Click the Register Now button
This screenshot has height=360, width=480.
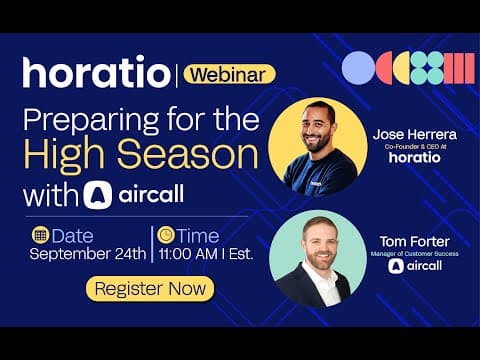click(x=150, y=289)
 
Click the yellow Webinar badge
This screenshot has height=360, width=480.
click(x=229, y=73)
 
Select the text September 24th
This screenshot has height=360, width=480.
click(x=87, y=254)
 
